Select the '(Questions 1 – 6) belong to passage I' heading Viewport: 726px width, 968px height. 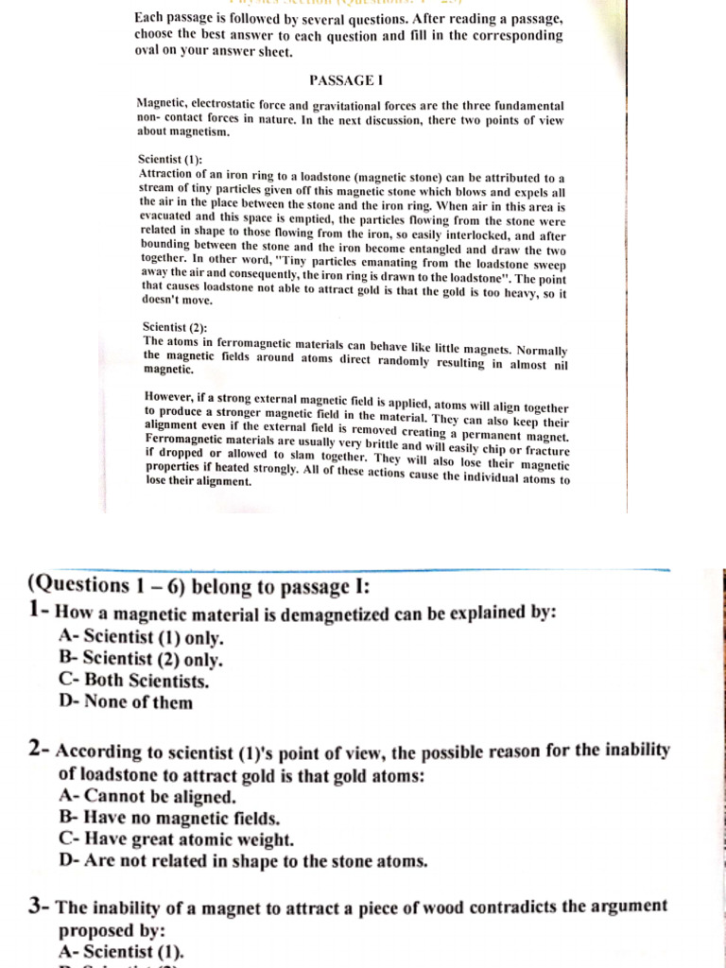tap(199, 586)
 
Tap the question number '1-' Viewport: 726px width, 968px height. tap(40, 611)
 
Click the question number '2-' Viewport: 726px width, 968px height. tap(40, 751)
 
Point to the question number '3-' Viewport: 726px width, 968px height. tap(40, 906)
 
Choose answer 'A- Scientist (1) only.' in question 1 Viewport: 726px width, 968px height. tap(141, 636)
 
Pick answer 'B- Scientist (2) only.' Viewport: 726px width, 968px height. tap(141, 658)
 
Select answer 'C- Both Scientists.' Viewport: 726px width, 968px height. tap(133, 680)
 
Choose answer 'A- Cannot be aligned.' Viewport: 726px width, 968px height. tap(147, 796)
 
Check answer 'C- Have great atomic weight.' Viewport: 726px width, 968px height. tap(176, 839)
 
